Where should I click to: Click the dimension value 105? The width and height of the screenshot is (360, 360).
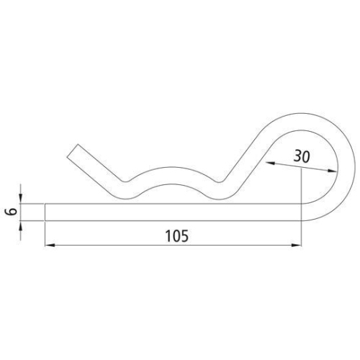(172, 235)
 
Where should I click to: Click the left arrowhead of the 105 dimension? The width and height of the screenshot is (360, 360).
(50, 246)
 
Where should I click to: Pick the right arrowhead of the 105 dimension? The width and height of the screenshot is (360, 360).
(297, 246)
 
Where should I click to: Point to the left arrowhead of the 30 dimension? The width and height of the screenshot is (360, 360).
(269, 163)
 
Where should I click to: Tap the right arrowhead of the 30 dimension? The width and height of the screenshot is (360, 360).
(332, 171)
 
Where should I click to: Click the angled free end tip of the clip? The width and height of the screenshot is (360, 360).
(75, 152)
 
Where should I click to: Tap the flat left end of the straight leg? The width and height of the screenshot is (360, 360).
(45, 212)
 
